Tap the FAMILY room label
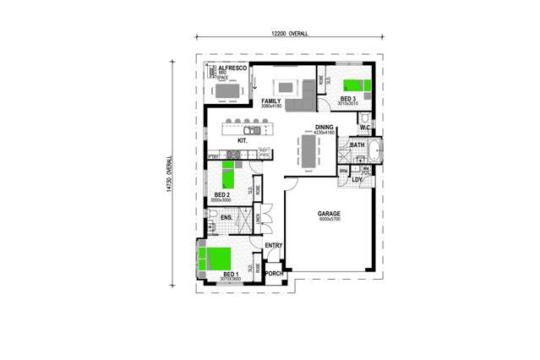(270, 101)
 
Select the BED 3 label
(348, 99)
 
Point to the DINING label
(324, 128)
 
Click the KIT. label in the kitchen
(242, 141)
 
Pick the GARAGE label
(329, 214)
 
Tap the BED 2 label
(222, 195)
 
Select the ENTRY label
(273, 246)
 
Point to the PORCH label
(274, 274)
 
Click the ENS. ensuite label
(226, 218)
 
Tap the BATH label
(357, 145)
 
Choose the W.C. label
(365, 128)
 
